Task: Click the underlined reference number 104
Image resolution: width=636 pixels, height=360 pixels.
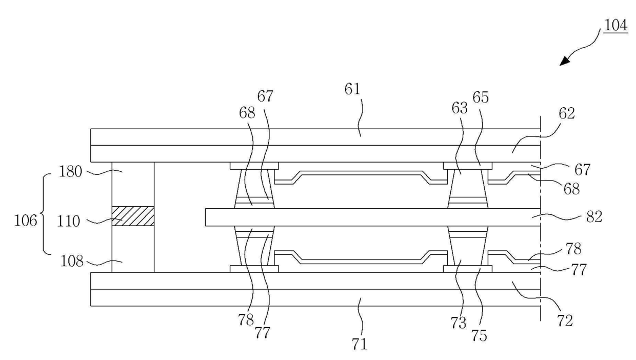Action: pyautogui.click(x=615, y=26)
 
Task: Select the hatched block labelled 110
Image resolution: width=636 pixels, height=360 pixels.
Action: pyautogui.click(x=133, y=216)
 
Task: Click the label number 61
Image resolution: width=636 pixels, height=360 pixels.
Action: pyautogui.click(x=352, y=89)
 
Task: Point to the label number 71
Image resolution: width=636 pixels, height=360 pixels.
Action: pyautogui.click(x=359, y=344)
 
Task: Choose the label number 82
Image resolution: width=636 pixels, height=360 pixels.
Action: pyautogui.click(x=594, y=217)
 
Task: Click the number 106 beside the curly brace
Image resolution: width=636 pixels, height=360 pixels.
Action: pyautogui.click(x=26, y=221)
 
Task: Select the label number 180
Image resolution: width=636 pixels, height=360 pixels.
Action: pyautogui.click(x=70, y=172)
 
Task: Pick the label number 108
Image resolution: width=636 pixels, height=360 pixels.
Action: pyautogui.click(x=72, y=261)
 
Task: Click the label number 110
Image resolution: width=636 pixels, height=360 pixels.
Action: pyautogui.click(x=68, y=221)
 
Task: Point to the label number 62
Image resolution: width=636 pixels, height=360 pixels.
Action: pyautogui.click(x=567, y=113)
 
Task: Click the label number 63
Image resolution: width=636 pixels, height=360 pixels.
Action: pyautogui.click(x=460, y=108)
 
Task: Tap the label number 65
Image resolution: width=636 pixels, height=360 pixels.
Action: pyautogui.click(x=481, y=97)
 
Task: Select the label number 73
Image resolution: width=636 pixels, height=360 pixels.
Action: pyautogui.click(x=459, y=323)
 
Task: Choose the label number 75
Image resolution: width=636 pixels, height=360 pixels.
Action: pyautogui.click(x=479, y=335)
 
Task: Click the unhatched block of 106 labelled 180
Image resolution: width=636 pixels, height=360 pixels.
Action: pyautogui.click(x=133, y=184)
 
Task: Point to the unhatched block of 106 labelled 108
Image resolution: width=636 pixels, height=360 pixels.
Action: pyautogui.click(x=133, y=249)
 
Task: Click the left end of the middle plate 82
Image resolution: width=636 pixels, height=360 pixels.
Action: pyautogui.click(x=205, y=217)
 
